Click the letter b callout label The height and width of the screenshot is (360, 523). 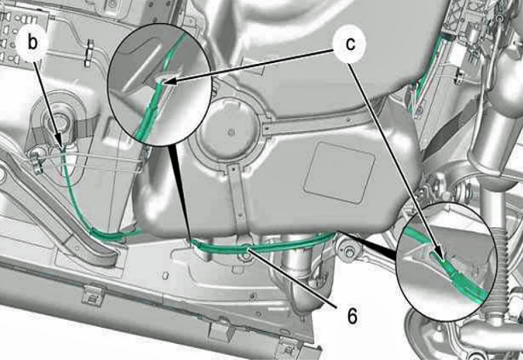(x=32, y=43)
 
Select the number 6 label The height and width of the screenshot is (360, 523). (x=352, y=315)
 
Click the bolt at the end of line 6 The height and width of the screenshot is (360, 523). (x=247, y=255)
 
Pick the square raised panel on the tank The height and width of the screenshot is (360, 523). (x=340, y=173)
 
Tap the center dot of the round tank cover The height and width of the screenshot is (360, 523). (x=232, y=133)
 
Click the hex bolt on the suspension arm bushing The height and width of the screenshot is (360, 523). (x=348, y=253)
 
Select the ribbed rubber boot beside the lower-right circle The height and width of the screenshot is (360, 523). (x=499, y=263)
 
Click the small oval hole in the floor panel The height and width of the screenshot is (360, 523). (x=164, y=276)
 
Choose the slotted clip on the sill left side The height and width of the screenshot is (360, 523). (x=93, y=294)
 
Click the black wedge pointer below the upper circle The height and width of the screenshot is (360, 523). (x=180, y=192)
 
